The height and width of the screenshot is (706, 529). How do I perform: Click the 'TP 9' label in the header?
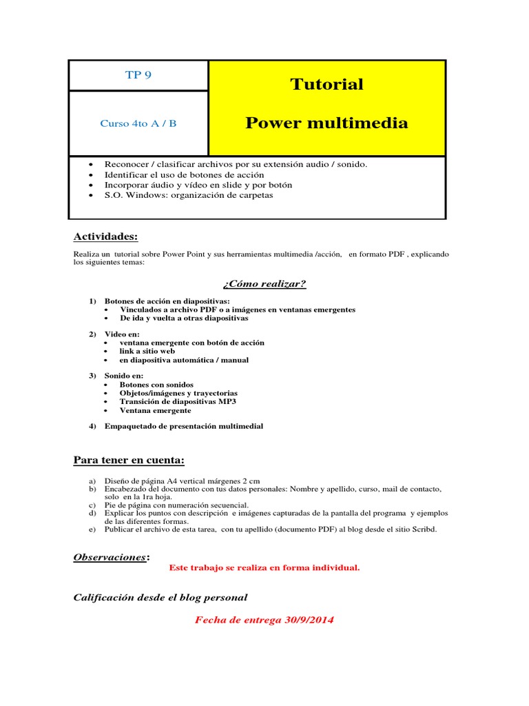coord(138,75)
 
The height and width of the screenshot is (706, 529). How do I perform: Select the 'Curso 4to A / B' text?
coord(138,123)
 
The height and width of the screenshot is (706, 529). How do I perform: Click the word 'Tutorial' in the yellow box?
coord(326,84)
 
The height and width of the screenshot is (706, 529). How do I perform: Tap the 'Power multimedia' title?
coord(326,123)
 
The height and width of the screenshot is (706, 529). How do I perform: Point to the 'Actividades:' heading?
coord(105,236)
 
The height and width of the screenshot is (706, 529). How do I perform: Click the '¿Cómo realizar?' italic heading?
coord(264,284)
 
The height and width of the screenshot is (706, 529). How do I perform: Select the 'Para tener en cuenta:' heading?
coord(129,460)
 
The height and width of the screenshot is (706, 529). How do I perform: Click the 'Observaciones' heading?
coord(110,556)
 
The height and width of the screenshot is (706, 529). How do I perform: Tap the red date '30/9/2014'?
coord(309,620)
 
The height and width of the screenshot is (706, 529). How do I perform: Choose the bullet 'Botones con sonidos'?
coord(156,385)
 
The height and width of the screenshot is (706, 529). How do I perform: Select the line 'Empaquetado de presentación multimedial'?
coord(183,426)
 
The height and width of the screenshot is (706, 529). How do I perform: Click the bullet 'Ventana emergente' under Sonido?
coord(155,410)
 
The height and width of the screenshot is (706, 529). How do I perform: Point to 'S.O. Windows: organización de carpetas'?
coord(188,195)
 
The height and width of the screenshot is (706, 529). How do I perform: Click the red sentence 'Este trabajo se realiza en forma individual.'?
coord(264,568)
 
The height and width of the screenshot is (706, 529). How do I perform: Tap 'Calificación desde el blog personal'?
coord(160,597)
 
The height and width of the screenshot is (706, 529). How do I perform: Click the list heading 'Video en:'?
coord(122,334)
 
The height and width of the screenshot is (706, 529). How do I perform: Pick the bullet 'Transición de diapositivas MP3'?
coord(178,401)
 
